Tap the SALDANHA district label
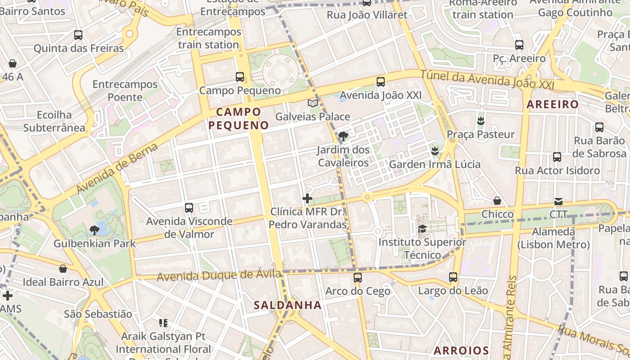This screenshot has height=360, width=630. click(x=288, y=305)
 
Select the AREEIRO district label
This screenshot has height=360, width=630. click(x=553, y=104)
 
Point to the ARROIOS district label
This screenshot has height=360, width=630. click(x=461, y=351)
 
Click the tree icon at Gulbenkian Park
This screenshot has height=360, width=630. click(x=94, y=230)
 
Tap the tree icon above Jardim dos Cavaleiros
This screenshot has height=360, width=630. click(x=343, y=136)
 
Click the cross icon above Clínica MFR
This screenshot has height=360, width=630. click(x=307, y=198)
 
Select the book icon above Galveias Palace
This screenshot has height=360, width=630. click(x=313, y=103)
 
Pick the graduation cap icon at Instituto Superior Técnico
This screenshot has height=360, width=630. click(x=422, y=229)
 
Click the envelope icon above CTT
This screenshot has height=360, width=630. click(x=558, y=201)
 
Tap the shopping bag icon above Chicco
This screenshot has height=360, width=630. click(x=497, y=201)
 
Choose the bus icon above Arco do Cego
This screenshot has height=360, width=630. click(x=358, y=277)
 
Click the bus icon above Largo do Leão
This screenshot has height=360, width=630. click(x=453, y=277)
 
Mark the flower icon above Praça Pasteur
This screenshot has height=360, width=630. click(x=481, y=121)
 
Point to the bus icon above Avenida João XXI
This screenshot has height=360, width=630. click(x=381, y=82)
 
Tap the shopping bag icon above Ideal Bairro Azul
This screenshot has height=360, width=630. click(x=63, y=269)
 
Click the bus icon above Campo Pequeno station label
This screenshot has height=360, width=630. click(x=240, y=77)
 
